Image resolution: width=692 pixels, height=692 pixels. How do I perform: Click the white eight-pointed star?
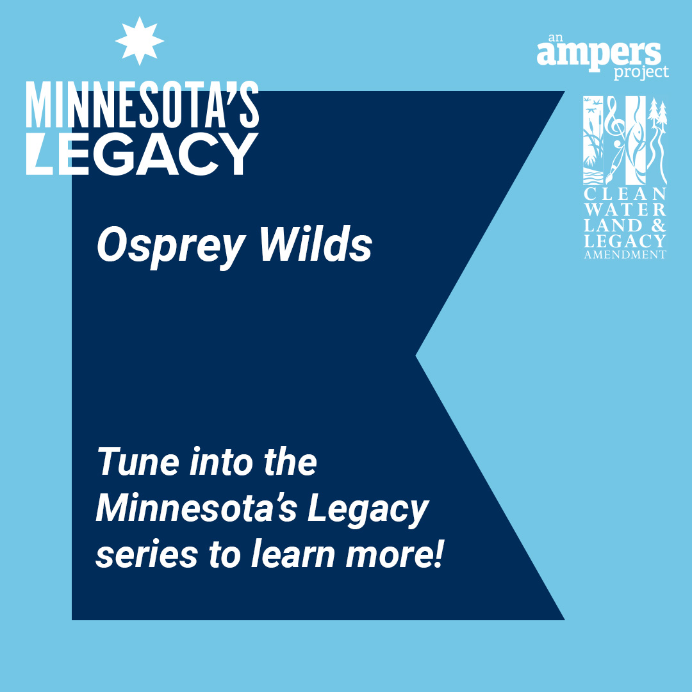pos(140,41)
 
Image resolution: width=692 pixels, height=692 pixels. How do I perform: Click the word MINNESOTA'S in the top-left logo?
pos(142,105)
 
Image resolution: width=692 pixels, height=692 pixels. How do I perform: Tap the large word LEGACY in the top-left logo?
pos(142,154)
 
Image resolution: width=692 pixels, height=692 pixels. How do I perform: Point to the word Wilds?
pos(316,243)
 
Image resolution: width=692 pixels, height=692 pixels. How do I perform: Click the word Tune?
pos(138,461)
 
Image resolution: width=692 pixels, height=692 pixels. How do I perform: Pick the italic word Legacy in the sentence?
pos(368,511)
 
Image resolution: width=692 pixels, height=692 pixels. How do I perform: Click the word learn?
pos(293,554)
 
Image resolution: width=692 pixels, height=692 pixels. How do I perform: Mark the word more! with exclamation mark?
pos(394,554)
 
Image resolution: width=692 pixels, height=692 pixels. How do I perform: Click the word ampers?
pos(599,54)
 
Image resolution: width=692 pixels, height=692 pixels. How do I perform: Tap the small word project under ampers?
pos(641,72)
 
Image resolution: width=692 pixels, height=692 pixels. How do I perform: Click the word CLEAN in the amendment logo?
pos(625,194)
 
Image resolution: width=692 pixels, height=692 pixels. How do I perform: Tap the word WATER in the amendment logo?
pos(625,210)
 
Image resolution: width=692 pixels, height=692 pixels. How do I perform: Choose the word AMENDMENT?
pos(625,254)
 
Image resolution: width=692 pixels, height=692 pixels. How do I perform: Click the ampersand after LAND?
pos(658,226)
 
